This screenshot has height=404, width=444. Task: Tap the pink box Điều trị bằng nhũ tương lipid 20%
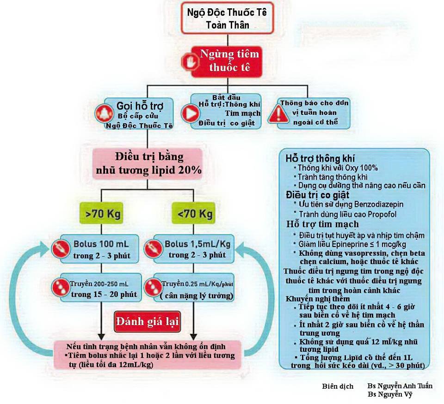147,163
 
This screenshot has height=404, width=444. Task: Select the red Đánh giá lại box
147,321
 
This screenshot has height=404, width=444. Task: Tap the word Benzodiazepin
377,204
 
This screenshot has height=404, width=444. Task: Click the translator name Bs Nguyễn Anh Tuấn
400,386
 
